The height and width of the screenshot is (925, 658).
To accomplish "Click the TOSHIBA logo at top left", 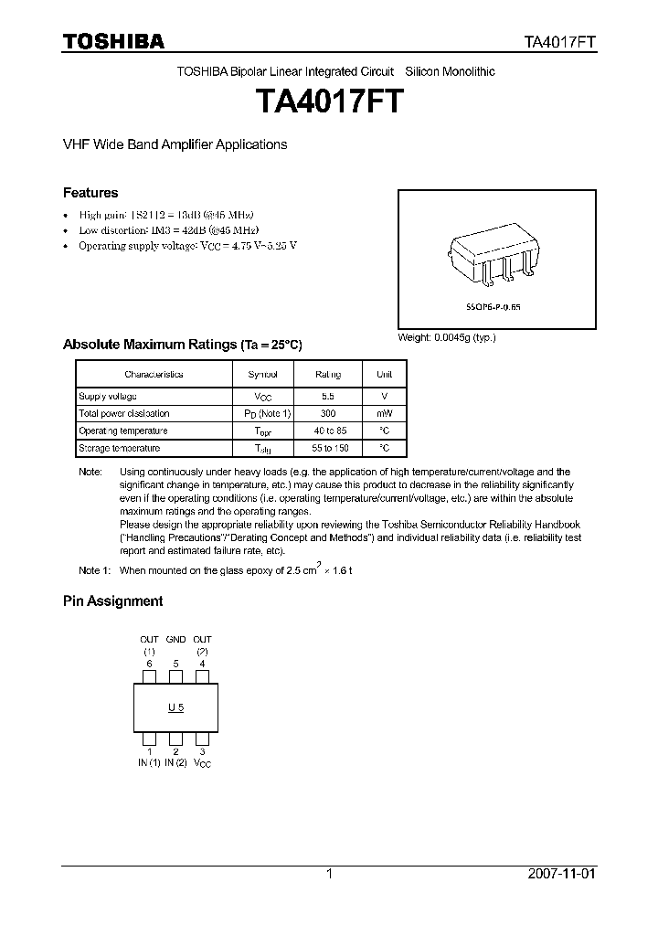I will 113,41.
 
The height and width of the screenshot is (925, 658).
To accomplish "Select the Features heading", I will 90,193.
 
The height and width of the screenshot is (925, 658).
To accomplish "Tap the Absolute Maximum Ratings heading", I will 181,345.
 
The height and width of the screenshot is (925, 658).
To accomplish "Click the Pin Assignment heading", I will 112,601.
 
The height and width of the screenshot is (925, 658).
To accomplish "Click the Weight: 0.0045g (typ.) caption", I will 446,338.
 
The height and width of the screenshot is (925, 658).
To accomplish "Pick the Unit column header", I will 384,374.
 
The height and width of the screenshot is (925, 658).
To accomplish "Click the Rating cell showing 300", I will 328,413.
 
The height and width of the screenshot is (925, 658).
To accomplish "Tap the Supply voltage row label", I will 108,396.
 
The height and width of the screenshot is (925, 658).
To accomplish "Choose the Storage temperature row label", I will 119,448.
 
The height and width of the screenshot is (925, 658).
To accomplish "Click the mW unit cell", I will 384,413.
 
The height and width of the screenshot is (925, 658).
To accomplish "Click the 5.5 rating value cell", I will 328,396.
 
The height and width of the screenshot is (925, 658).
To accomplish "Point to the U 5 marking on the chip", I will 175,708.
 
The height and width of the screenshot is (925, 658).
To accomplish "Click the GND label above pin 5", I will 175,639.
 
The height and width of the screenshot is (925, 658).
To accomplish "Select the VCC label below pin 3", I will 203,763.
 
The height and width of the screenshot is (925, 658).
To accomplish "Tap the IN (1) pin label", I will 149,762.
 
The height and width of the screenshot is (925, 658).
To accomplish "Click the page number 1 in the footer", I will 329,874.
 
